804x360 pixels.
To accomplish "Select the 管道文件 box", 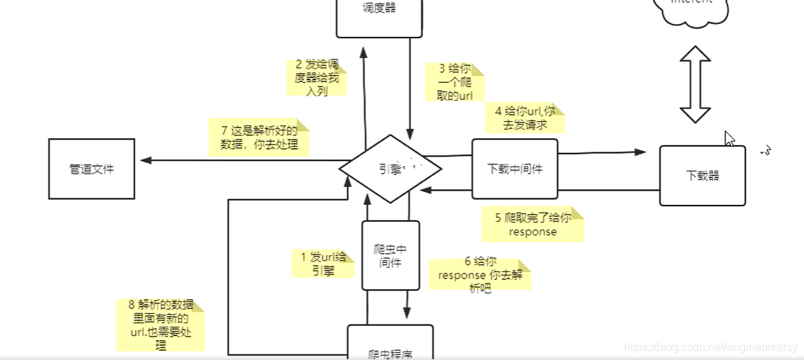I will click(91, 169).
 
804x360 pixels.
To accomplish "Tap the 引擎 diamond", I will click(390, 169).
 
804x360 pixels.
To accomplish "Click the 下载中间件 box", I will click(515, 169).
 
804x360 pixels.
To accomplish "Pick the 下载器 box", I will click(702, 176).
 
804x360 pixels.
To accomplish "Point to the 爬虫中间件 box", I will click(391, 255).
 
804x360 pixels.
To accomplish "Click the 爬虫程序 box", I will click(390, 343).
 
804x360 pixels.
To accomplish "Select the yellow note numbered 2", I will click(317, 77).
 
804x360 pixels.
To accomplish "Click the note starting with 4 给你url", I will click(525, 118).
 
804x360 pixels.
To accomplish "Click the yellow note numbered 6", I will click(479, 274).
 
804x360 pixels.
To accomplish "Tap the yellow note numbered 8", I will click(161, 325).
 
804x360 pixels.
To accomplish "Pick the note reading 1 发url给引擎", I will click(323, 263).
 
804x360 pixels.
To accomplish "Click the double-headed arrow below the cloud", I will click(695, 85).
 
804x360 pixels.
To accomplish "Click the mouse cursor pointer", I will click(730, 138).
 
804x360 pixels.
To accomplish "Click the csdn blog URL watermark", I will click(709, 347).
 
